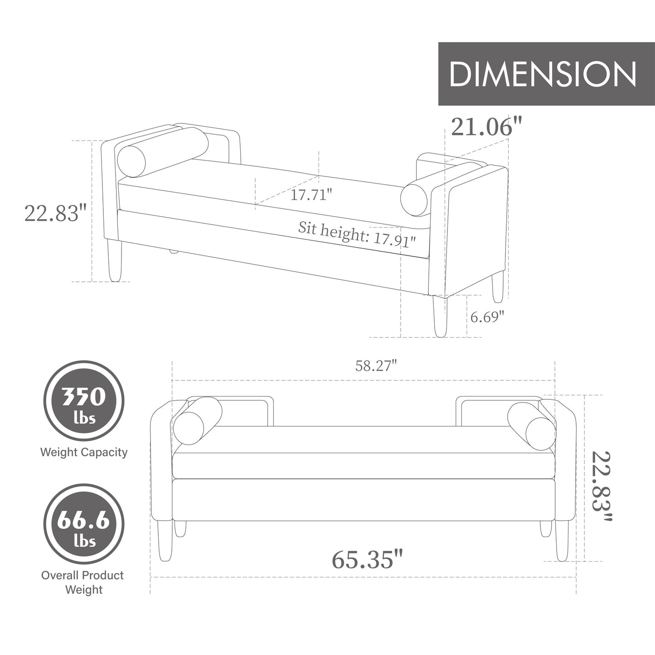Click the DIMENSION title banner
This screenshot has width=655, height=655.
542,74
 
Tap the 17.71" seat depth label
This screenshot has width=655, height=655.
311,195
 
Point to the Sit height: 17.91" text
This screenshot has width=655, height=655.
356,235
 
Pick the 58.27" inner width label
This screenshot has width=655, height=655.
376,366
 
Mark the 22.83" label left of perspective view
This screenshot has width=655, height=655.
55,213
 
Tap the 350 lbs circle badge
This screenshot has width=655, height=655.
84,401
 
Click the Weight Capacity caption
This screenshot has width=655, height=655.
84,452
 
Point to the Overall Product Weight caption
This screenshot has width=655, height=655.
83,582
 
